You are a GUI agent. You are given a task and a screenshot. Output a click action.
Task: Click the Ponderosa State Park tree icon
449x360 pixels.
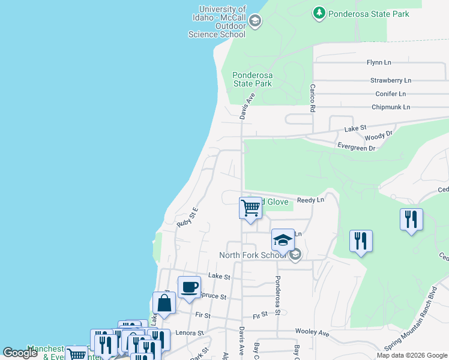pos(319,13)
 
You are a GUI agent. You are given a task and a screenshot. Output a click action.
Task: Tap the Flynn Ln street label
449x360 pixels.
pos(379,62)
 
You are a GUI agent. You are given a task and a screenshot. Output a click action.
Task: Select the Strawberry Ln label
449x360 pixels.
pos(390,80)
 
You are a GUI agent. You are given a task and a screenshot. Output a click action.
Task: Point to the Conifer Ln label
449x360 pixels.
pos(390,94)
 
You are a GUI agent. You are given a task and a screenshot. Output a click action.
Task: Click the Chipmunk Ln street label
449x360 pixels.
pos(390,107)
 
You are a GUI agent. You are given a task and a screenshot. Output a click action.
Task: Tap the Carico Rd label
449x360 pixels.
pos(313,98)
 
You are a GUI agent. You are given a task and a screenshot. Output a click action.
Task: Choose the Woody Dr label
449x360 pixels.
pos(378,136)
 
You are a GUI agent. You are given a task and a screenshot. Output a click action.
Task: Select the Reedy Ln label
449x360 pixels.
pos(310,200)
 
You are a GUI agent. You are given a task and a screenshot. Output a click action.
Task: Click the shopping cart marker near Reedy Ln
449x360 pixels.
pos(250,208)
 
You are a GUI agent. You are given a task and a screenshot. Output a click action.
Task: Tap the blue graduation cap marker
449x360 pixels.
pos(283,240)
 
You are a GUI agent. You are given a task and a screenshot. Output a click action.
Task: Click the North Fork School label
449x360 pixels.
pos(253,255)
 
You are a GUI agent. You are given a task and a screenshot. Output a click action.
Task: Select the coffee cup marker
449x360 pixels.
pos(189,287)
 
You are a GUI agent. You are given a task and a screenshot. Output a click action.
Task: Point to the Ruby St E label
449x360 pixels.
pos(187,217)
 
